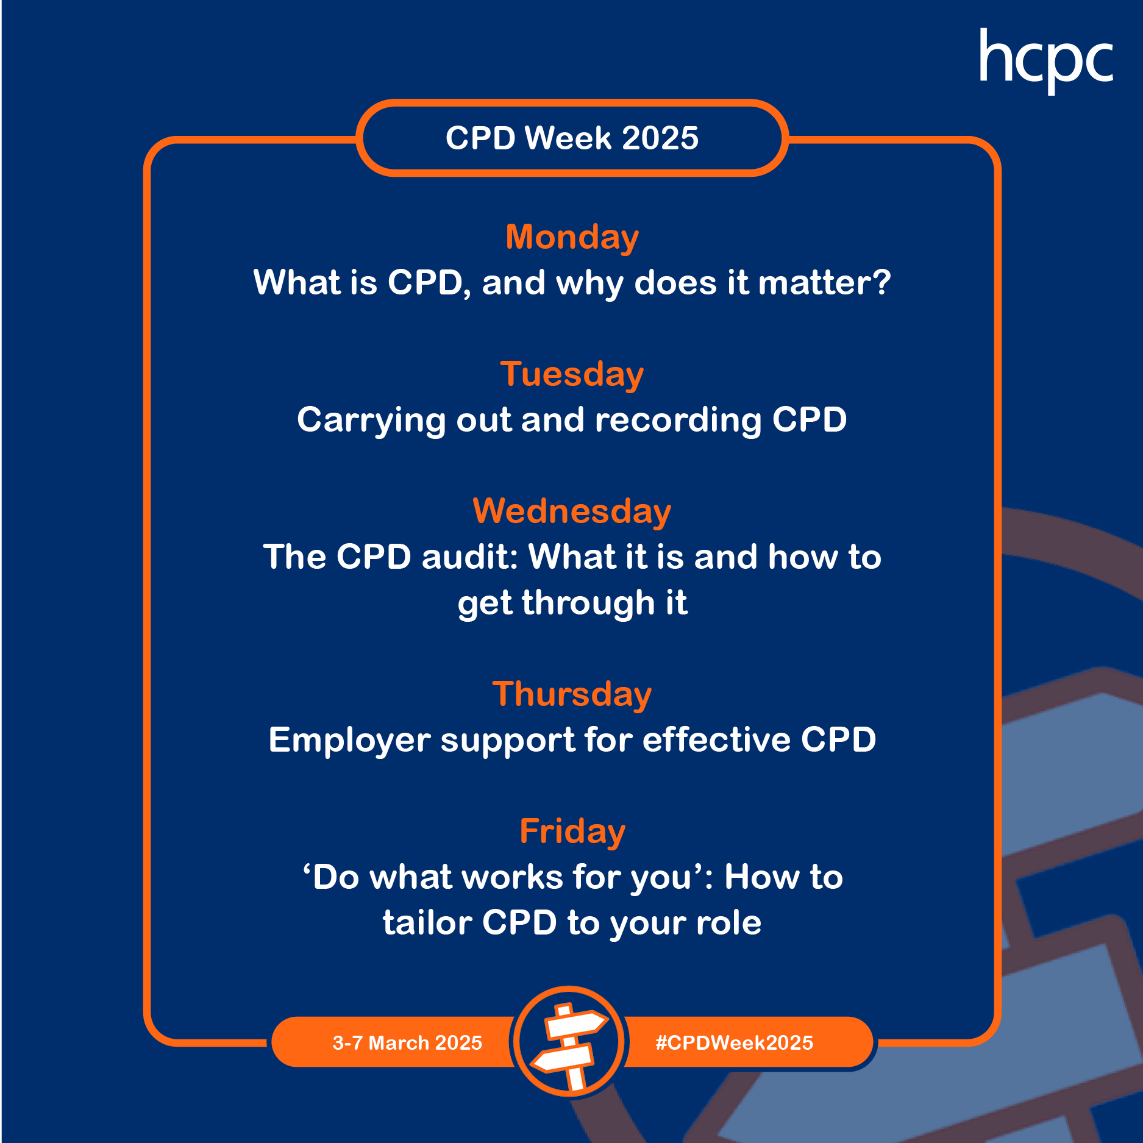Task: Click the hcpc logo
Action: coord(1046,61)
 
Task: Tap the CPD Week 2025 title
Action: coord(572,138)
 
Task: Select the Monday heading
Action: coord(572,238)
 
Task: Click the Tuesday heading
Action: coord(572,375)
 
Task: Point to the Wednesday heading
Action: coord(572,511)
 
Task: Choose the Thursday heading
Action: coord(572,695)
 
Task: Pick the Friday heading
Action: coord(572,832)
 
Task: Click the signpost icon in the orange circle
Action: coord(569,1044)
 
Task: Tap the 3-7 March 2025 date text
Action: coord(407,1043)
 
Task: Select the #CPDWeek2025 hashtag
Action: coord(735,1043)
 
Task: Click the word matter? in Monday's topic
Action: coord(824,283)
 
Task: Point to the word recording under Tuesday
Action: coord(678,421)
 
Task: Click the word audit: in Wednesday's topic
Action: coord(470,557)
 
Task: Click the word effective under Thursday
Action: coord(716,740)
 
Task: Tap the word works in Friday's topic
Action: coord(512,878)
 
